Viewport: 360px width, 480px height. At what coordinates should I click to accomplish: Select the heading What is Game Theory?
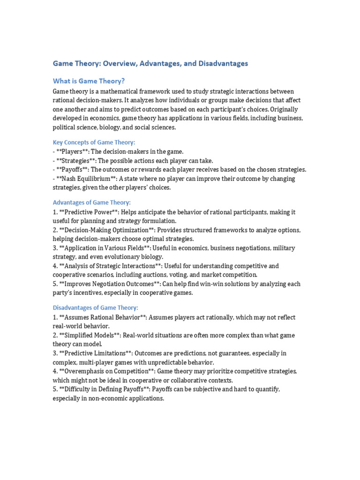tap(89, 81)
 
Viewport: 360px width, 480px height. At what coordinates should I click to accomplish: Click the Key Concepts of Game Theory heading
tap(94, 142)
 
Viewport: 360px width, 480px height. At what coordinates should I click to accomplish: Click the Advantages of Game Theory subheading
tap(91, 202)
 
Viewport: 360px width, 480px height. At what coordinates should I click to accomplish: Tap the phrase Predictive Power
tap(87, 212)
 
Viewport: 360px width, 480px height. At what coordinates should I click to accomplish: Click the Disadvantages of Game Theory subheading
tap(95, 307)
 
